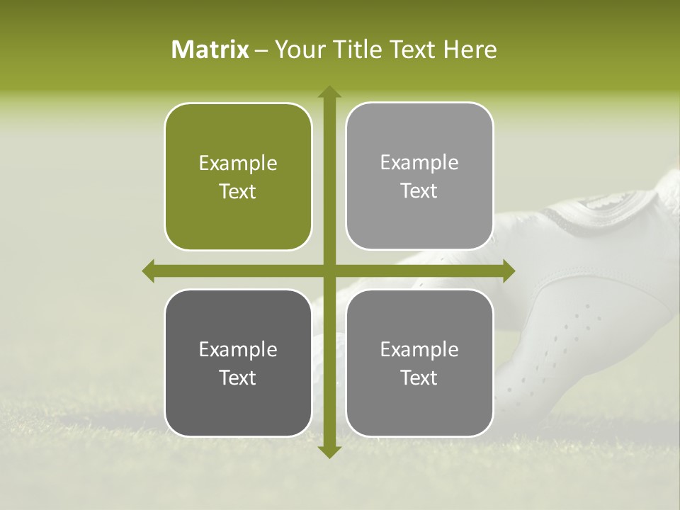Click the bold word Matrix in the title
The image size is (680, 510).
click(x=210, y=50)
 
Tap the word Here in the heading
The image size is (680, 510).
click(x=470, y=50)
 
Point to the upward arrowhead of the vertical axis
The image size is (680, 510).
click(x=329, y=92)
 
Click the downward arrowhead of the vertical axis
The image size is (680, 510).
click(x=329, y=451)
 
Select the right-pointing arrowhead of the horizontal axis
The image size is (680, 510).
click(x=508, y=271)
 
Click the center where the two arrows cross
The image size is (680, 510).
click(x=329, y=271)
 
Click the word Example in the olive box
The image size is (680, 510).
click(x=238, y=164)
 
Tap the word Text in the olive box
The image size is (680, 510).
click(x=238, y=191)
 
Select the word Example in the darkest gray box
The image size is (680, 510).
click(x=238, y=349)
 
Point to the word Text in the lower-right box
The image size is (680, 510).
click(x=419, y=378)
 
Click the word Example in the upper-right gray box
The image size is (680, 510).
click(x=419, y=163)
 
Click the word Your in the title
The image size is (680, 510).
click(x=297, y=50)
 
